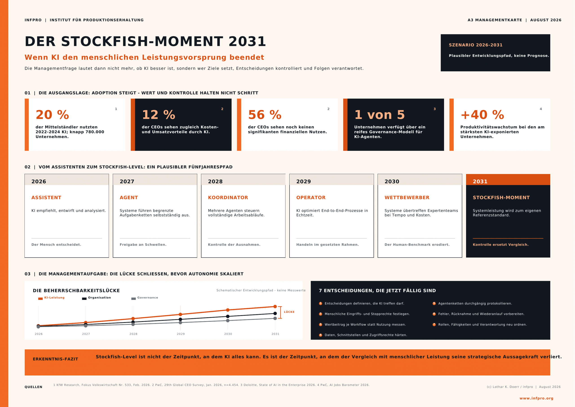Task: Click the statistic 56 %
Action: [265, 115]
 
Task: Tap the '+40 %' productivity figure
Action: [482, 115]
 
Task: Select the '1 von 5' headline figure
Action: [379, 115]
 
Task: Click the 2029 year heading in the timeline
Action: [303, 181]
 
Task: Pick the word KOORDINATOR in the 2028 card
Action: [228, 198]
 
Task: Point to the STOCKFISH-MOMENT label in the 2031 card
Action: [501, 198]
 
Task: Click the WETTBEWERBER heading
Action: [407, 198]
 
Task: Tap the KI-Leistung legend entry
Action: [51, 298]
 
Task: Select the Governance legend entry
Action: [145, 298]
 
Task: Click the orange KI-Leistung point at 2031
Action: [275, 306]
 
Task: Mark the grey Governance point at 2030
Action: [228, 320]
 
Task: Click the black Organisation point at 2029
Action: [180, 319]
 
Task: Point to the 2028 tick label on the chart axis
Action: [133, 334]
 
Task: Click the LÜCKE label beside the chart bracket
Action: [289, 312]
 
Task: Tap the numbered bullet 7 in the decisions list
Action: [434, 324]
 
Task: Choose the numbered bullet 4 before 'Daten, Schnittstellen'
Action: [320, 335]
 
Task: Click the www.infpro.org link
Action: [536, 398]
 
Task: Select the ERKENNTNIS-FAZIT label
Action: [55, 359]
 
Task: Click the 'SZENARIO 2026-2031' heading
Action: [475, 45]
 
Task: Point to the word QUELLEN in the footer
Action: [33, 387]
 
